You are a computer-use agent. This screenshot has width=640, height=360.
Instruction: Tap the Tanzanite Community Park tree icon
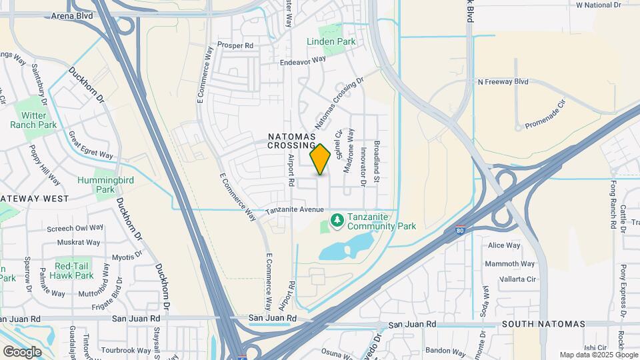[x=337, y=219]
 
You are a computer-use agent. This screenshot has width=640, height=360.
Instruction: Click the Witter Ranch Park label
[x=33, y=119]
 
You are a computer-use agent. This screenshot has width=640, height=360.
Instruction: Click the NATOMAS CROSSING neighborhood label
[x=291, y=140]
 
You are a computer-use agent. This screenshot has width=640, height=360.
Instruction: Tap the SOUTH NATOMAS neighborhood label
[x=543, y=324]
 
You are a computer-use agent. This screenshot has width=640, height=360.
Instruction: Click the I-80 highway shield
[x=460, y=231]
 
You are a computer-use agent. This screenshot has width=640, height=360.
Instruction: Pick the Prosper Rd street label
[x=235, y=45]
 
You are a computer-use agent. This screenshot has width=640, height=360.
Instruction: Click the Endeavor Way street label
[x=302, y=59]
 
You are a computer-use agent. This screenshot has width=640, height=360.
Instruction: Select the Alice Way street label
[x=504, y=245]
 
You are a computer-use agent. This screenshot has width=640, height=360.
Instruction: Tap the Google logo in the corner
[x=23, y=351]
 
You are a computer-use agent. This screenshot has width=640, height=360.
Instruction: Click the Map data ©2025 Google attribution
[x=598, y=355]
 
